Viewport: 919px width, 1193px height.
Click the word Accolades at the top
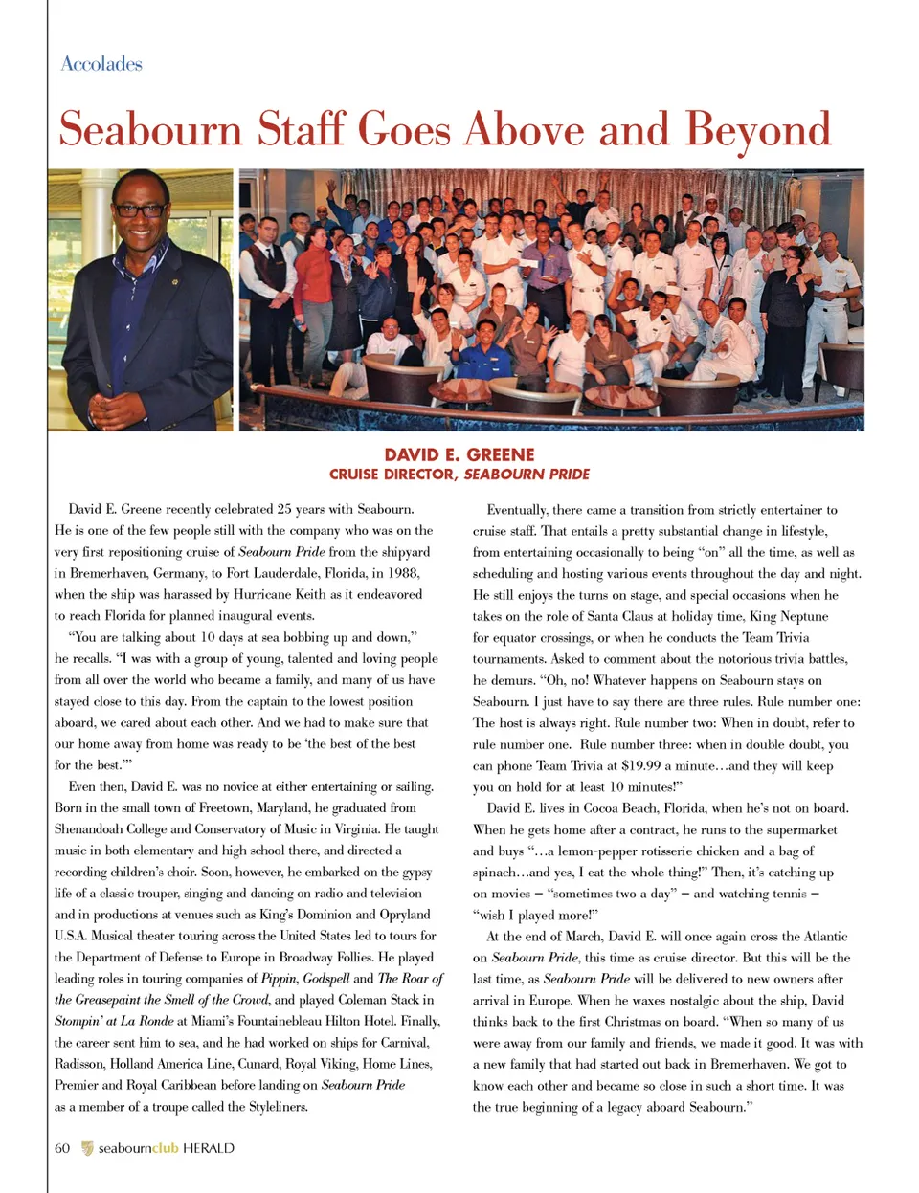click(x=101, y=64)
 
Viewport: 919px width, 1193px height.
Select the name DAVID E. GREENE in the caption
click(x=459, y=454)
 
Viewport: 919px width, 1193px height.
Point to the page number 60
click(x=62, y=1148)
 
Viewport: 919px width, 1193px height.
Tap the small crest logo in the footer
click(x=87, y=1148)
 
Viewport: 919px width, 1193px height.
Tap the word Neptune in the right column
click(x=802, y=617)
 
